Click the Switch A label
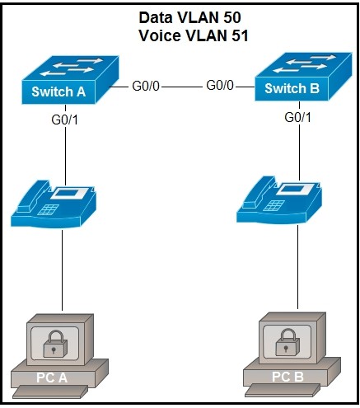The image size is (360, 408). point(58,91)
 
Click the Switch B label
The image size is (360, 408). point(292,88)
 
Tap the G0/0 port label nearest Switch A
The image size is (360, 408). point(146,87)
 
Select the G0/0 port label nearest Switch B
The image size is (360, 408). point(220,86)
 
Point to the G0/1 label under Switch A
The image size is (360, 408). point(65,120)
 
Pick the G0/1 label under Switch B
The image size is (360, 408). point(298,117)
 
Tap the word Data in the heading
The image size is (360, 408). point(156,17)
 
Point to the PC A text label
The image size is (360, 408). point(52,378)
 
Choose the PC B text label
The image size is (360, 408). point(288,377)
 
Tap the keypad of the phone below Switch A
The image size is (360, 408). point(49,209)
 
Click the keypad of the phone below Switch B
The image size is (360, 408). point(274,205)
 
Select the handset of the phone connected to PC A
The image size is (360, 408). point(32,196)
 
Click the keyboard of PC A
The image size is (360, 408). point(50,392)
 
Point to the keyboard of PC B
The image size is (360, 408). point(283,390)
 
